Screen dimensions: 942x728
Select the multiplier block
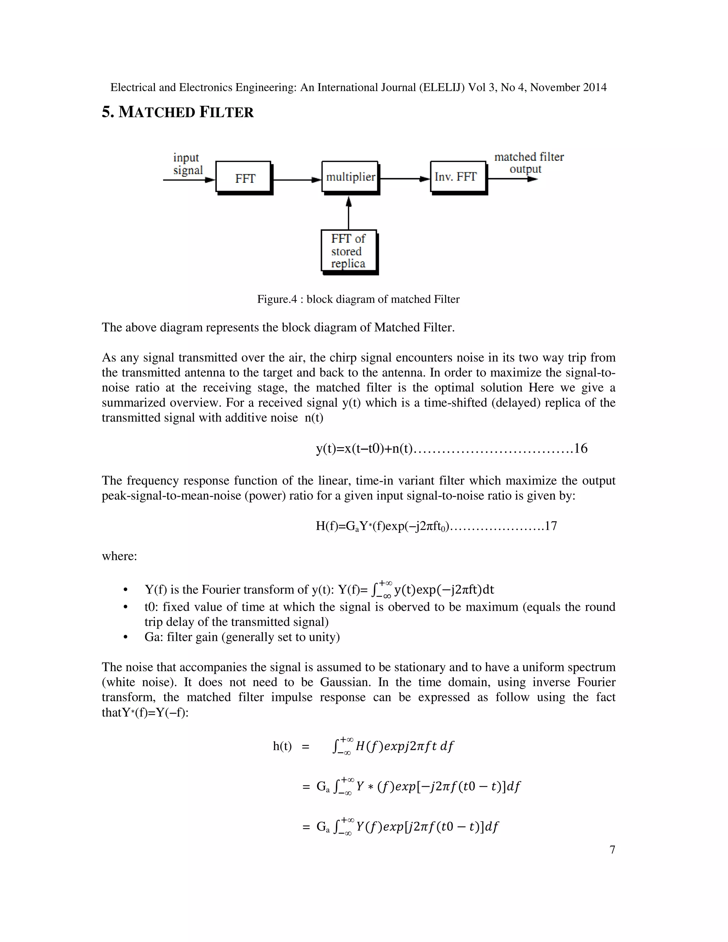coord(350,177)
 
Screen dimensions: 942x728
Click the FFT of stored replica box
coord(348,251)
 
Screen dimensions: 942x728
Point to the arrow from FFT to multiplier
coord(297,180)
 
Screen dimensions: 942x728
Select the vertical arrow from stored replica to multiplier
coord(348,214)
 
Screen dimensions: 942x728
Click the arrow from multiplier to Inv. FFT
coord(405,178)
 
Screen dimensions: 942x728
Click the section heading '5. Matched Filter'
coord(178,112)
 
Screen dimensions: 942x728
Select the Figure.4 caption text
coord(358,299)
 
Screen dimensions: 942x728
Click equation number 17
coord(551,526)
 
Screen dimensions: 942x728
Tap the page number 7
coord(612,849)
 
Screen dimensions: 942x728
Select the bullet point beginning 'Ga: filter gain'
coord(241,637)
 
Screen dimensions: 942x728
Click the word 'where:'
coord(119,556)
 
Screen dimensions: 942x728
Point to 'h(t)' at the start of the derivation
coord(282,746)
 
